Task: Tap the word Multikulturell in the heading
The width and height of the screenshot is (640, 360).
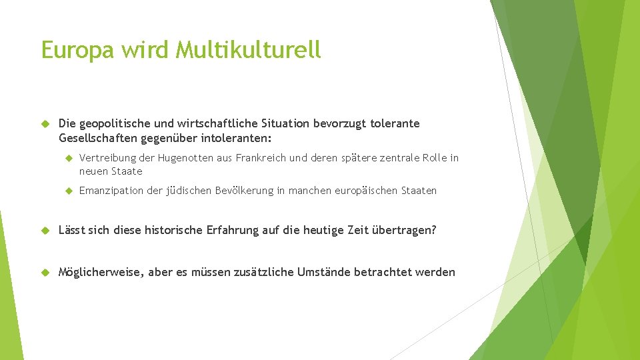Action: coord(249,50)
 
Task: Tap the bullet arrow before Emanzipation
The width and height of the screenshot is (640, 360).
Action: coord(68,191)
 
